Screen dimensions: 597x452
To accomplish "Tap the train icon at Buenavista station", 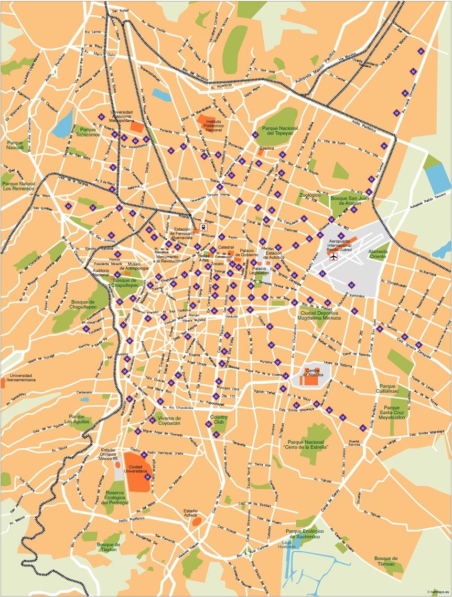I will (202, 228).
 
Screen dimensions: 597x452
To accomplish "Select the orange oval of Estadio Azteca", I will (196, 521).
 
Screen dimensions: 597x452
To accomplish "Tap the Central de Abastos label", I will (313, 373).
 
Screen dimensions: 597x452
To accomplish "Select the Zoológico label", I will (309, 195).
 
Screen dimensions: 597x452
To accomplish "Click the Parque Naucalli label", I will (16, 145).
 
